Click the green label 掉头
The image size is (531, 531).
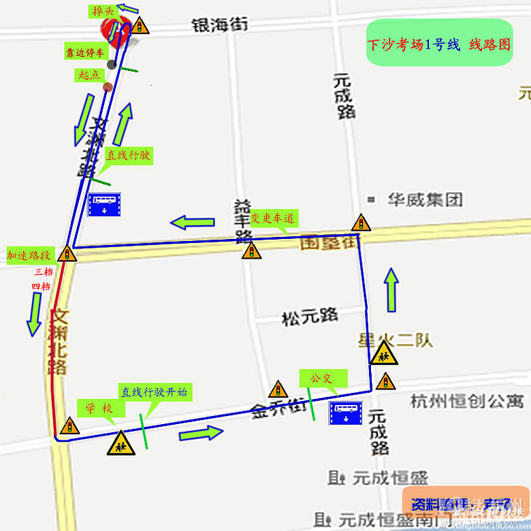tap(102, 11)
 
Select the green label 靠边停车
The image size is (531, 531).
tap(85, 52)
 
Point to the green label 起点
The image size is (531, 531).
tap(88, 75)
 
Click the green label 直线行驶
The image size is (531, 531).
tap(127, 155)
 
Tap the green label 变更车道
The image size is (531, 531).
tap(272, 219)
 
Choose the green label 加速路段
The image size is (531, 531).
tap(29, 255)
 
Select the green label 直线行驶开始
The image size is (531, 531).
tap(155, 392)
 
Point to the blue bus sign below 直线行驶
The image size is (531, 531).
tap(104, 204)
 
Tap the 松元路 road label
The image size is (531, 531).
tap(310, 317)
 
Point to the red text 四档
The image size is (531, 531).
tap(41, 287)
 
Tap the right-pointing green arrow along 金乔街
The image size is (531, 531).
tap(201, 433)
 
